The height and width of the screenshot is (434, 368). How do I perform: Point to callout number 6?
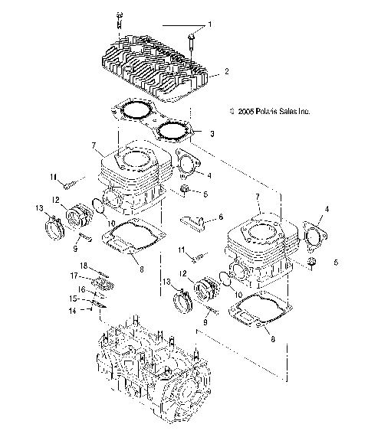click(x=221, y=217)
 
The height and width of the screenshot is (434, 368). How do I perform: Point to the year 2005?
click(x=246, y=111)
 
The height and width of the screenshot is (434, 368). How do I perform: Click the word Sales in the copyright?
click(x=289, y=111)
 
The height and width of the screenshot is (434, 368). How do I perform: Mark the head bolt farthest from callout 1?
click(x=120, y=18)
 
